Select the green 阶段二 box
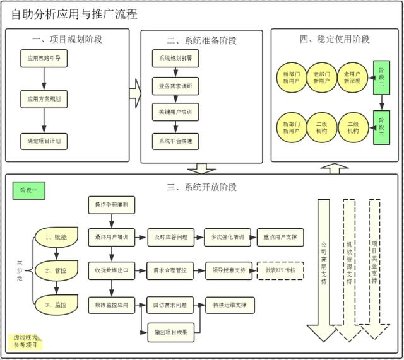pos(381,77)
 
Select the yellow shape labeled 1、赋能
pos(61,237)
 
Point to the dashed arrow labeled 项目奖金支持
pos(374,265)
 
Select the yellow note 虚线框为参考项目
pos(26,341)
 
